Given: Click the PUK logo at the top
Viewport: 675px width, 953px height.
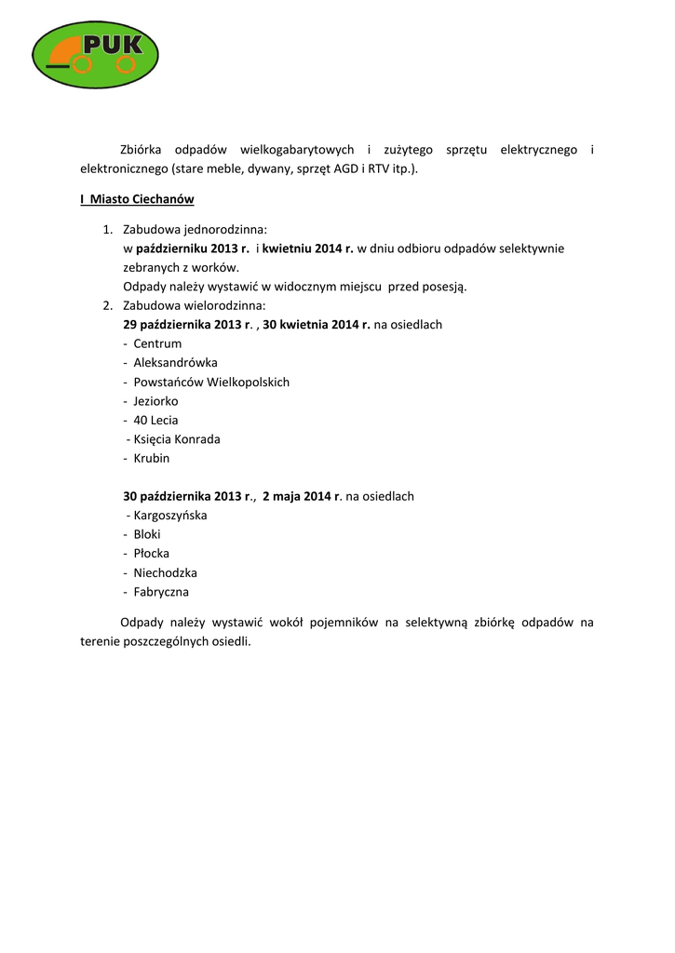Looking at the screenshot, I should pyautogui.click(x=94, y=52).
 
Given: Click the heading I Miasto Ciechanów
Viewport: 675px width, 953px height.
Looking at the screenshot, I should pyautogui.click(x=137, y=200).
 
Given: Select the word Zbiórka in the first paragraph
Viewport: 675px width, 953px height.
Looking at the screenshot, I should pyautogui.click(x=142, y=150).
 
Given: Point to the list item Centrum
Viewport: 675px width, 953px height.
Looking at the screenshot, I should pyautogui.click(x=157, y=343).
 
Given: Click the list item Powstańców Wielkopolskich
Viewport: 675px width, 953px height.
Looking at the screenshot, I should pyautogui.click(x=211, y=382).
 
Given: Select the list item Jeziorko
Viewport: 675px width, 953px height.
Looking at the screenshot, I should pyautogui.click(x=155, y=401).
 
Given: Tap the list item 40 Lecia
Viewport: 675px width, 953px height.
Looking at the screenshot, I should pyautogui.click(x=155, y=420).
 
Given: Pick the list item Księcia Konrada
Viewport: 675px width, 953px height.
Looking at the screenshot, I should pyautogui.click(x=177, y=439).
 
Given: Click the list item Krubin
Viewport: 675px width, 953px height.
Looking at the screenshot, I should pyautogui.click(x=152, y=458).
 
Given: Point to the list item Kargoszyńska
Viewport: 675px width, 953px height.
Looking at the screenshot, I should pyautogui.click(x=170, y=515).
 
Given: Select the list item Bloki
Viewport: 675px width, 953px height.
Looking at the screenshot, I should pyautogui.click(x=147, y=534).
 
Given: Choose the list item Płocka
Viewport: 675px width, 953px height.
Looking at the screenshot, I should pyautogui.click(x=151, y=553).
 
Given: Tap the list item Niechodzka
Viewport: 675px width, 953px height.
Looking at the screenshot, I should pyautogui.click(x=165, y=572).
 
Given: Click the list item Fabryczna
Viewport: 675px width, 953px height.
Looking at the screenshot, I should pyautogui.click(x=161, y=591).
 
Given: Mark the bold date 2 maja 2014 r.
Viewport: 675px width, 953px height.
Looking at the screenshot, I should pyautogui.click(x=302, y=496).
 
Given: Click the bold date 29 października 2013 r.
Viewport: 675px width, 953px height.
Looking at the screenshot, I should pyautogui.click(x=188, y=325).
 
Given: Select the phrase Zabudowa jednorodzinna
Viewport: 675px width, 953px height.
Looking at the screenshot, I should pyautogui.click(x=195, y=229).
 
